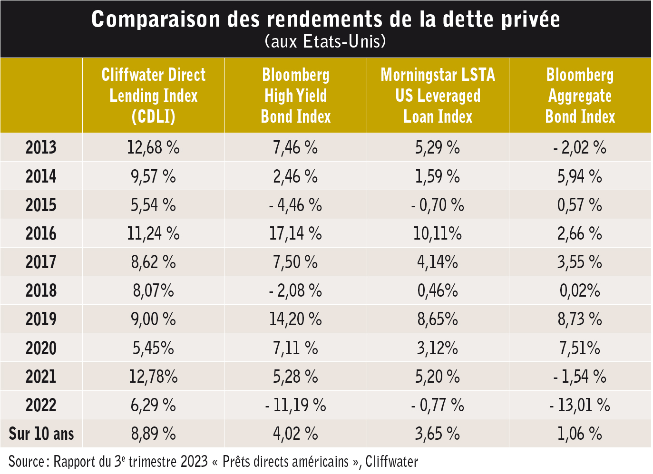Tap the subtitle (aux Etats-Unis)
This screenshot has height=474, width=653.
(x=326, y=41)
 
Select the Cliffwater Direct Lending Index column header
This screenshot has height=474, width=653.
(x=154, y=96)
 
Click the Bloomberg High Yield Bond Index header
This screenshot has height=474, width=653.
(x=296, y=96)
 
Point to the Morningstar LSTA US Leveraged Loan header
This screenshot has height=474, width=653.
(x=438, y=96)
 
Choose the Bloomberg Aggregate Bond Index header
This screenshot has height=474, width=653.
(x=580, y=96)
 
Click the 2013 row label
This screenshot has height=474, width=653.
(x=41, y=147)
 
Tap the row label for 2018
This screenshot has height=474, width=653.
(x=41, y=290)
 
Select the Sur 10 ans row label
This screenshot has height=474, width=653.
(x=41, y=434)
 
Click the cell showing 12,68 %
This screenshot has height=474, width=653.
(x=153, y=147)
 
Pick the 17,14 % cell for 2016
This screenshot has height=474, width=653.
(x=296, y=233)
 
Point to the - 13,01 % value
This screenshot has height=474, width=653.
(x=580, y=405)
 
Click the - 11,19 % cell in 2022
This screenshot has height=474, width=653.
(x=296, y=405)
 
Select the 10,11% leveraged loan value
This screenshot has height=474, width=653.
(x=438, y=233)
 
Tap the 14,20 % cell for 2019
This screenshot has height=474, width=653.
(x=296, y=319)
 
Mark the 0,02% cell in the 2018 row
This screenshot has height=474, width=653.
(x=580, y=290)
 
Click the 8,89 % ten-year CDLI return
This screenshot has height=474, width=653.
(x=153, y=434)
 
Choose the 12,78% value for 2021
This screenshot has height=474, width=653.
(x=153, y=377)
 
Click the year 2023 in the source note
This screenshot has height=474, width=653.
(x=194, y=462)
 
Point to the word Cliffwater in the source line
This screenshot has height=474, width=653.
(x=392, y=462)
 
